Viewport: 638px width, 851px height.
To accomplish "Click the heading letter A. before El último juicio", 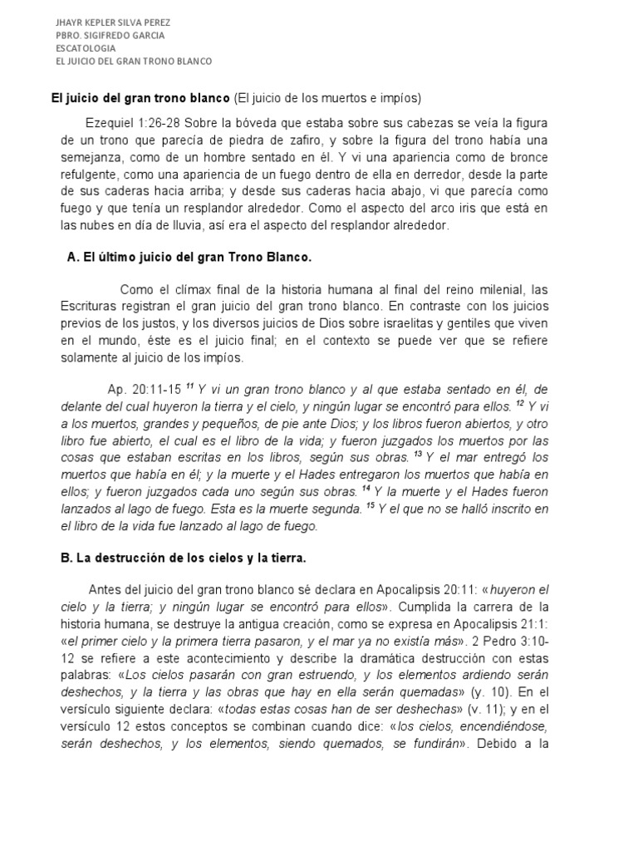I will [71, 258].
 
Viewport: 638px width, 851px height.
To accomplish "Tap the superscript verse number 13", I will [419, 455].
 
